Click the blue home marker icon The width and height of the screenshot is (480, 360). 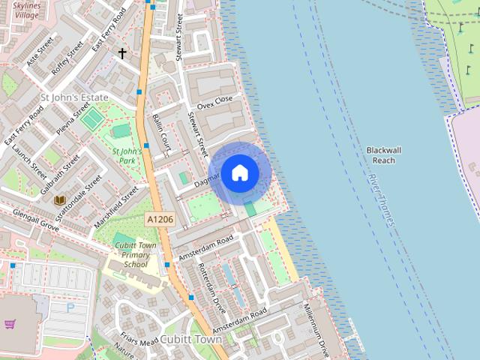(x=240, y=173)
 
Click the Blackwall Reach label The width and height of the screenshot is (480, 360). (x=382, y=155)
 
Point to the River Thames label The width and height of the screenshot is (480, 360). (x=381, y=199)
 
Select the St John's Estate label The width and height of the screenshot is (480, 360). (x=74, y=97)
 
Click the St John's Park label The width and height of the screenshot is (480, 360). (x=127, y=155)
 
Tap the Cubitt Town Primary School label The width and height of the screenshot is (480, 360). (x=136, y=254)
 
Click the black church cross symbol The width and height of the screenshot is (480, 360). (x=122, y=53)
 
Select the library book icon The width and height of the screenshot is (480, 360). (x=59, y=200)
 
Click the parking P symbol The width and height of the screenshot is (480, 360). (x=70, y=307)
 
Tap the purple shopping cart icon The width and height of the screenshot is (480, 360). (x=10, y=324)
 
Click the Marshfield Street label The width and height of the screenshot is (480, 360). (x=115, y=208)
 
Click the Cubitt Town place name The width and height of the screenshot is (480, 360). (x=191, y=339)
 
